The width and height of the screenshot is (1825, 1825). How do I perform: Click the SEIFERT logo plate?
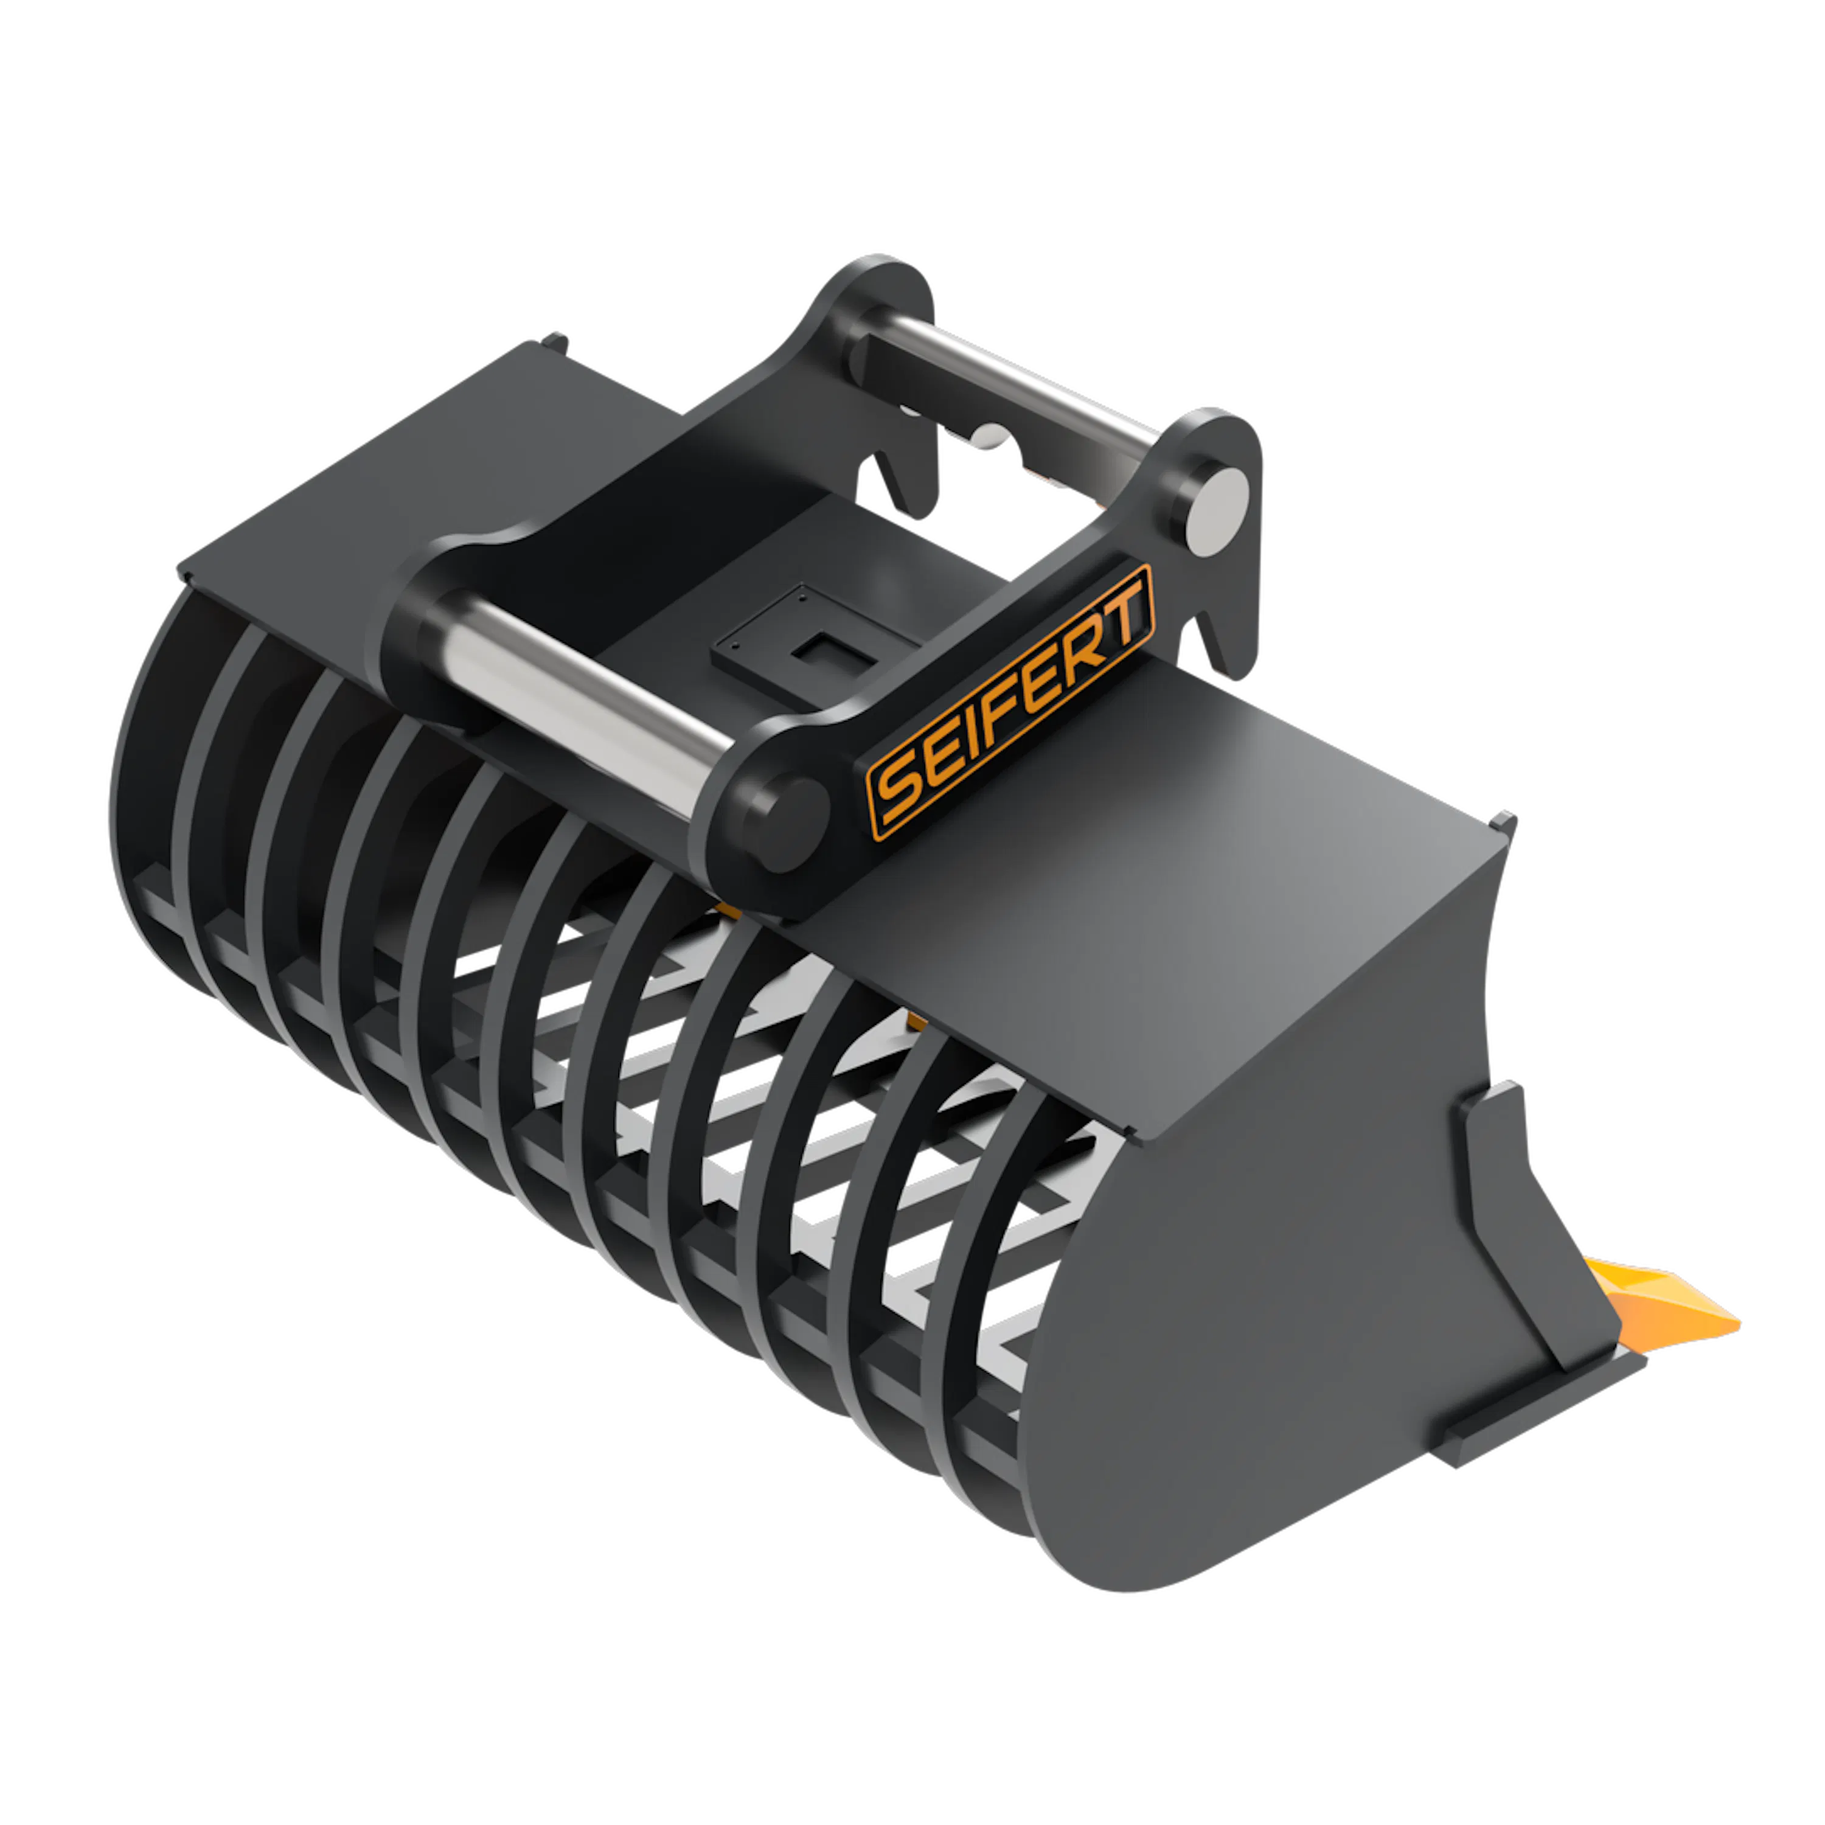coord(1010,702)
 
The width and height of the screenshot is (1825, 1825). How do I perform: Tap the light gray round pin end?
coord(1218,510)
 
